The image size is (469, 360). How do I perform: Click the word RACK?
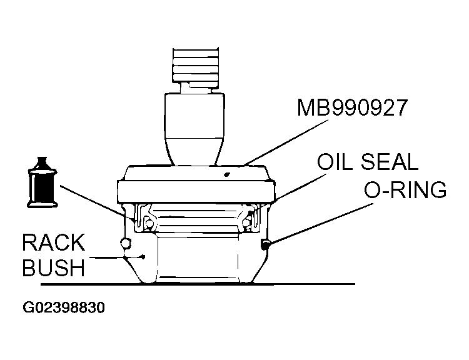pos(54,242)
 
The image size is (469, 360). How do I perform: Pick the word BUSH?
pos(54,268)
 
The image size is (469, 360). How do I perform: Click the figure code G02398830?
pos(63,307)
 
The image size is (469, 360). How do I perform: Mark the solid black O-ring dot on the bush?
pos(266,244)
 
